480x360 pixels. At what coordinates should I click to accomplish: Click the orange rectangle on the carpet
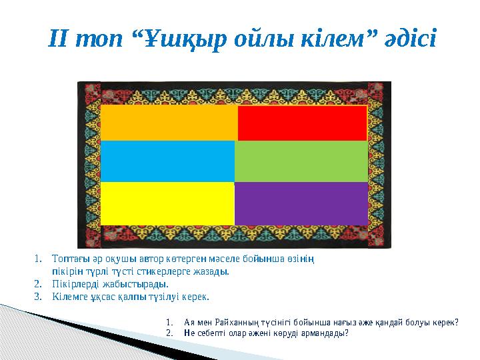point(169,123)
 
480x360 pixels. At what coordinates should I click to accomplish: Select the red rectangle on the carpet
point(302,123)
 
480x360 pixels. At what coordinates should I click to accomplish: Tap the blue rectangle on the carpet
point(167,161)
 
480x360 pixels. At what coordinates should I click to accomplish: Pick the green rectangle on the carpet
point(301,161)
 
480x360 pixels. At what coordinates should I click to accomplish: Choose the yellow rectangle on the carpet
point(167,203)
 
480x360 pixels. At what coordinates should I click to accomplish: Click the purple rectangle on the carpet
point(301,203)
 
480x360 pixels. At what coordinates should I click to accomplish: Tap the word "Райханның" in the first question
point(227,321)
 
